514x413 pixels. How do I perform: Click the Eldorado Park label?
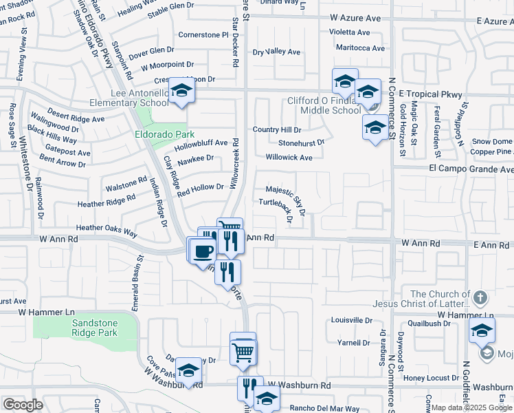(164, 134)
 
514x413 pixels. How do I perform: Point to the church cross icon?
(480, 298)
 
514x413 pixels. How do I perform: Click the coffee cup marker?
(202, 251)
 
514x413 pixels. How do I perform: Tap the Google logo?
(23, 404)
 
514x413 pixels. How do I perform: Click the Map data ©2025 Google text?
(471, 407)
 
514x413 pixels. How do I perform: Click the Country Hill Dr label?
(277, 129)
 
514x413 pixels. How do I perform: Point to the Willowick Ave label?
(289, 158)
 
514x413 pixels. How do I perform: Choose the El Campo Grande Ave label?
(471, 169)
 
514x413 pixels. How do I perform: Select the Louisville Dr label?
(351, 321)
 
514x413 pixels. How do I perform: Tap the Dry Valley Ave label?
(277, 52)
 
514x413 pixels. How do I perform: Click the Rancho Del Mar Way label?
(324, 408)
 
